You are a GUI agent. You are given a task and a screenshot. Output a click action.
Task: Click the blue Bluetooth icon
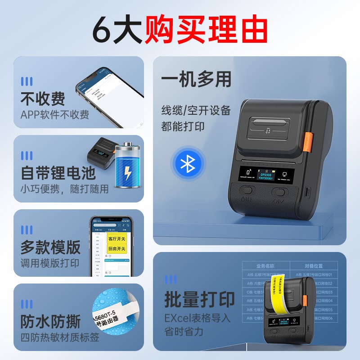click(187, 164)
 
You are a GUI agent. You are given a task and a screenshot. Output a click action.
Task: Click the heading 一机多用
click(196, 79)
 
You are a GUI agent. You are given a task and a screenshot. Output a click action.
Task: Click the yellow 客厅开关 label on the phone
click(117, 238)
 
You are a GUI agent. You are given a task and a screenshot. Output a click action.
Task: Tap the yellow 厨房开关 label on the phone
click(117, 249)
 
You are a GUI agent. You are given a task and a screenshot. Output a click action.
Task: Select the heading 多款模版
click(50, 247)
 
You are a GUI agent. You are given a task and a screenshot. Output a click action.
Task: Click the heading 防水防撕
click(50, 321)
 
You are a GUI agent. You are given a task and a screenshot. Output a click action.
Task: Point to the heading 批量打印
click(199, 300)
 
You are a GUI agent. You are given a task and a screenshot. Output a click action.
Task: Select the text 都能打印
click(183, 126)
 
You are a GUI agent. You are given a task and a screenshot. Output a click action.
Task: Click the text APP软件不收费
click(54, 115)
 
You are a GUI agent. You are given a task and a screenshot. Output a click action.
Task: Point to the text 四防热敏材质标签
click(59, 337)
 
